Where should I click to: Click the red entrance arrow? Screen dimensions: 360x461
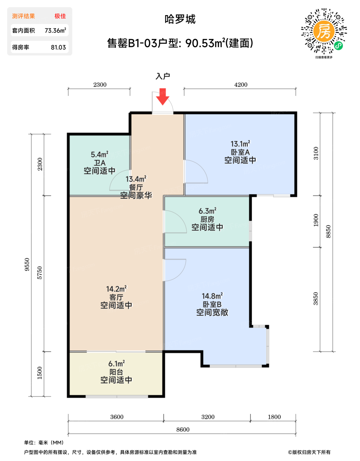tap(163, 97)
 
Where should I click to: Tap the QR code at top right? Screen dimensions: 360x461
tap(324, 31)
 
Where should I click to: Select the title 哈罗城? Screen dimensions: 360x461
tap(180, 19)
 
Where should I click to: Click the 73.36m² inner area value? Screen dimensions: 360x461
tap(55, 30)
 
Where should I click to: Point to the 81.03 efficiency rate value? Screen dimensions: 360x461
tap(58, 47)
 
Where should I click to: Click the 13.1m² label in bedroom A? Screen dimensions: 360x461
tap(240, 144)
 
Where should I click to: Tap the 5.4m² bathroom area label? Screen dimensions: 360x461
tap(100, 154)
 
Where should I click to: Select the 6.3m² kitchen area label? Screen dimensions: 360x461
tap(207, 211)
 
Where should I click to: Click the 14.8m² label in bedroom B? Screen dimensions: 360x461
tap(212, 296)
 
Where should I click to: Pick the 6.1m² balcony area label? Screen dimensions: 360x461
tap(116, 364)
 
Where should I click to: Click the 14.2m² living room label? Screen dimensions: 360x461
tap(116, 289)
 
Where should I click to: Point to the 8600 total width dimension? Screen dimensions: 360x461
tap(183, 429)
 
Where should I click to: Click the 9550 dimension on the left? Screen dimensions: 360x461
tap(27, 264)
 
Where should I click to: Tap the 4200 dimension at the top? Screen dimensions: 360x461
tap(241, 85)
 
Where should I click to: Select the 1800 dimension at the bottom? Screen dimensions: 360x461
tap(274, 417)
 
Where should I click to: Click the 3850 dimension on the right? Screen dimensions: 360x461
tap(316, 299)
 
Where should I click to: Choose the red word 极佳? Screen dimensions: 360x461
tap(60, 16)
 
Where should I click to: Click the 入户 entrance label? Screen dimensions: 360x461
tap(163, 76)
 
